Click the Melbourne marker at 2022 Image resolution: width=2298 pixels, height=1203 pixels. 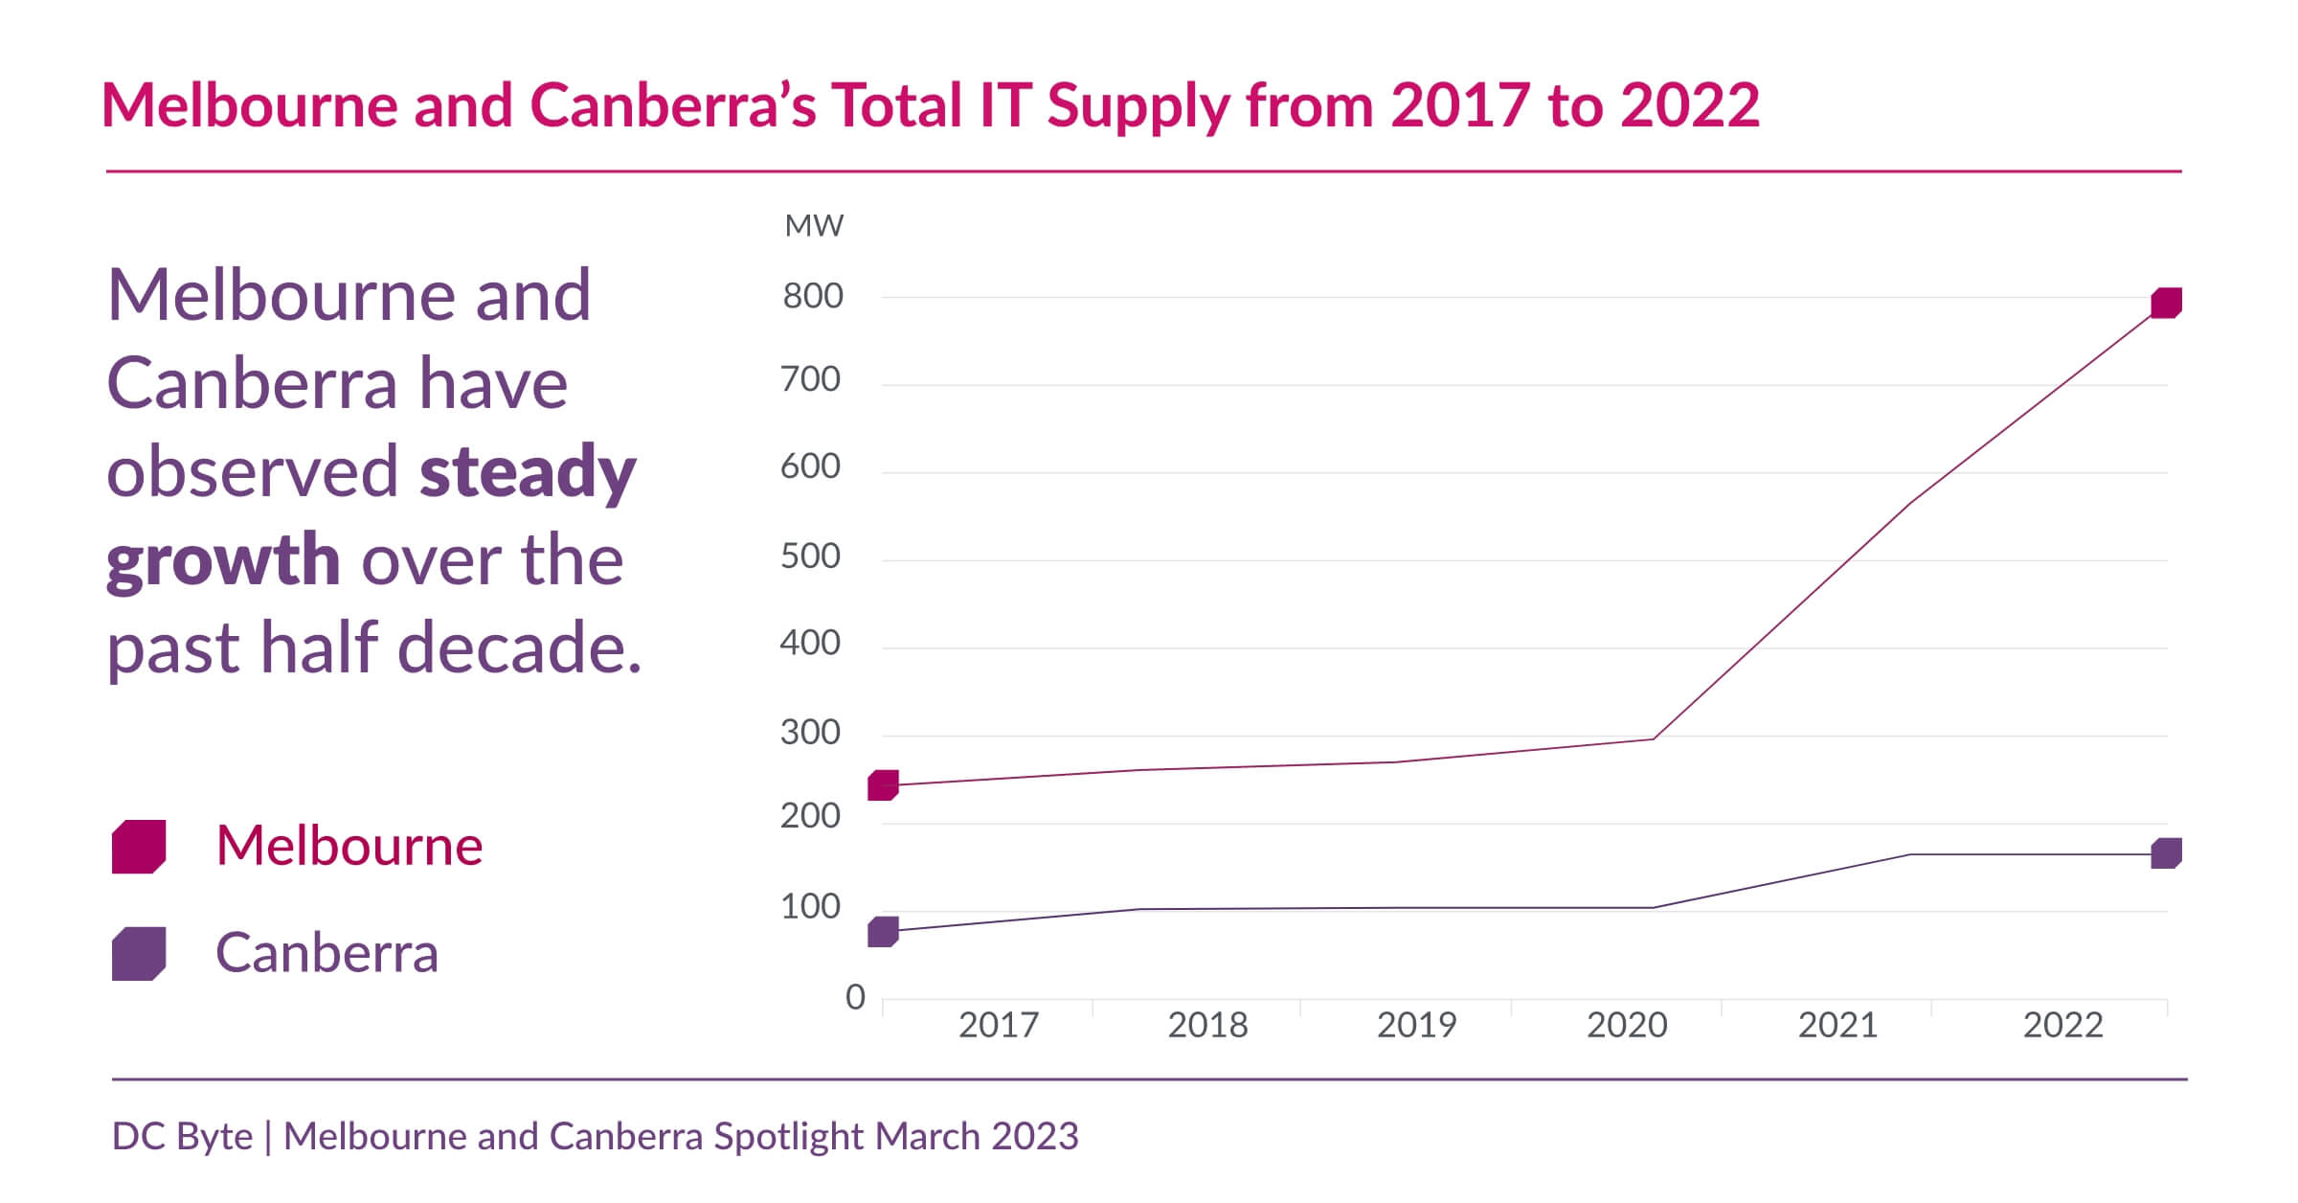pos(2166,303)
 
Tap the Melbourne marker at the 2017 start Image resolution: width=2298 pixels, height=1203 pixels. pos(883,785)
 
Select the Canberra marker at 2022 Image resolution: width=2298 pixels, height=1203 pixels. pos(2166,853)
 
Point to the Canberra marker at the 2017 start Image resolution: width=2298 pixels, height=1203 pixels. pos(883,932)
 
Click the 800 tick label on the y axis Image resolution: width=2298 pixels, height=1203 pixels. pos(813,296)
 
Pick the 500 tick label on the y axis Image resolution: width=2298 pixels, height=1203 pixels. pos(810,556)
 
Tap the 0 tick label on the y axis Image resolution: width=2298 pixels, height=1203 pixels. pos(855,997)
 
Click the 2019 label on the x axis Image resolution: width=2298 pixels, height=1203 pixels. pos(1416,1025)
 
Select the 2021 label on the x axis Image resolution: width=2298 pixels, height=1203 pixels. pos(1837,1025)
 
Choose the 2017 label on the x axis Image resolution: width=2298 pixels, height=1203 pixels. pos(999,1025)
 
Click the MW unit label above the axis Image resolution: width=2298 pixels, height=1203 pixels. pos(814,226)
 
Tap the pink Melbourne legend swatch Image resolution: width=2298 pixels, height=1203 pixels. pos(139,847)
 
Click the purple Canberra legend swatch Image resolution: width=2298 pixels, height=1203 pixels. pos(139,954)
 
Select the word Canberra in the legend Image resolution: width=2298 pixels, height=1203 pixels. pos(327,953)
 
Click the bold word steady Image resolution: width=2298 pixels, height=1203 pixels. pos(528,472)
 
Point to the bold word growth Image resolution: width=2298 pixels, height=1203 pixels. pos(223,560)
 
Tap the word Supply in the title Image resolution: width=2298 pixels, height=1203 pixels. pos(1138,105)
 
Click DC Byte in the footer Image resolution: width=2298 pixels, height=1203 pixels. pos(182,1136)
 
